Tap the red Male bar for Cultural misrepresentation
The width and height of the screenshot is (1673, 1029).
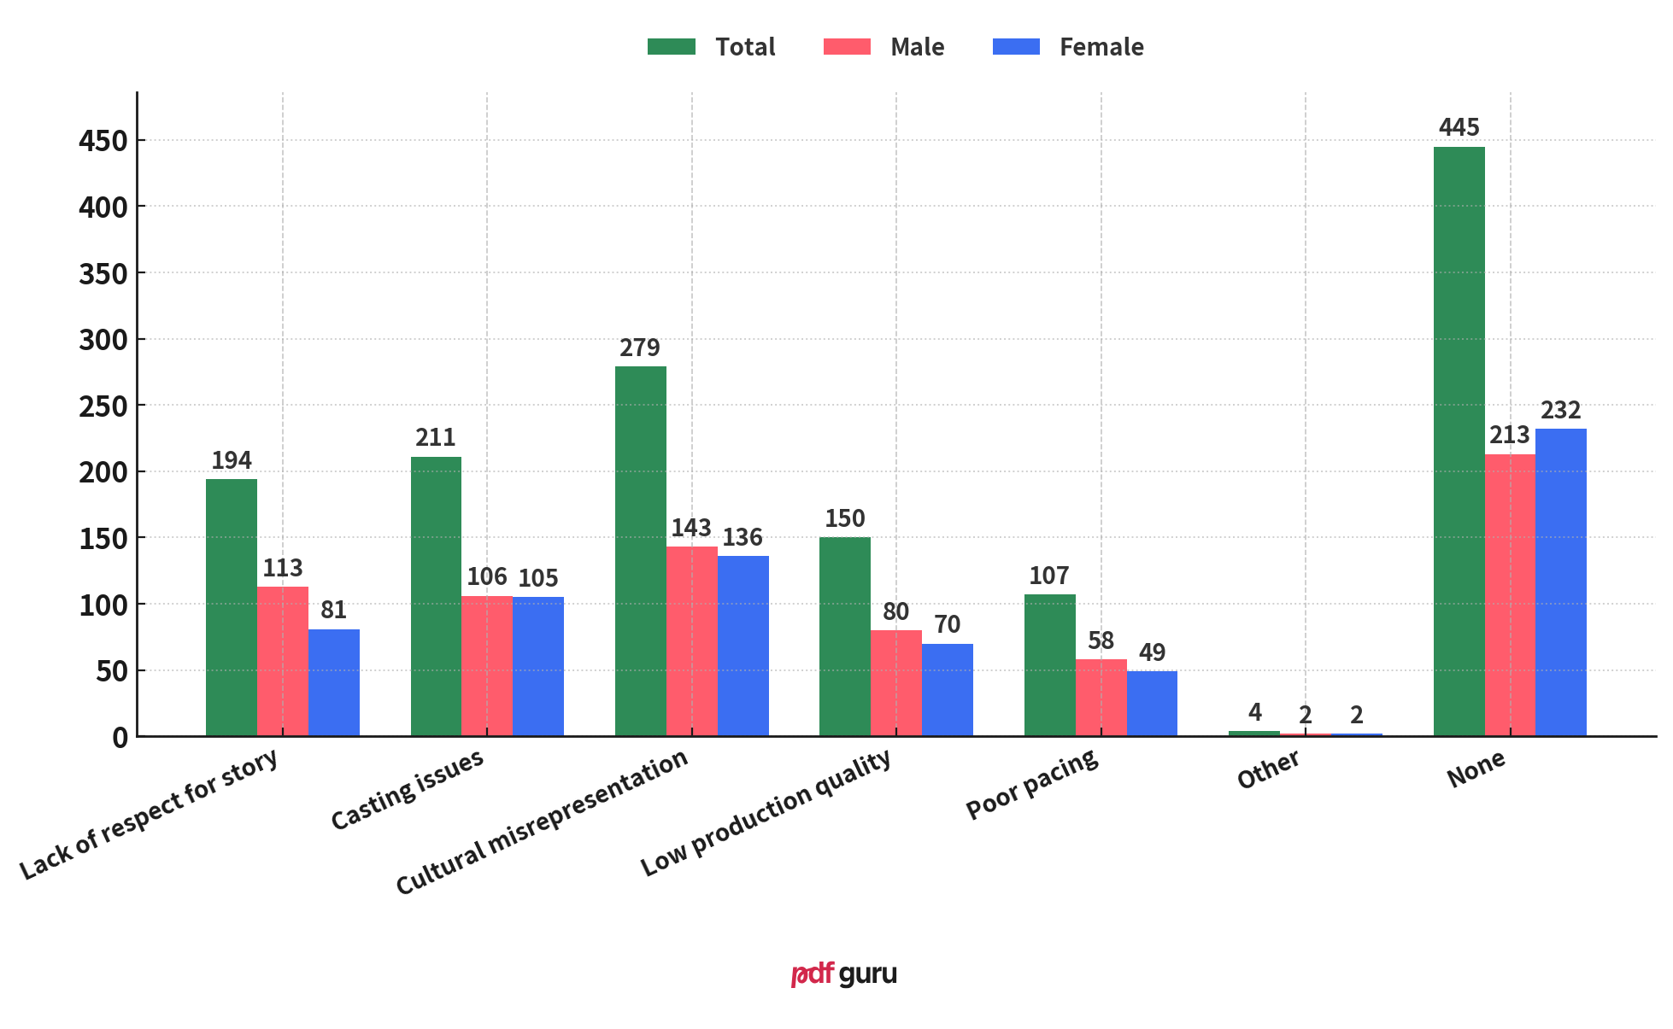click(x=691, y=641)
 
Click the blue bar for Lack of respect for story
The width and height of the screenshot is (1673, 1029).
click(x=333, y=682)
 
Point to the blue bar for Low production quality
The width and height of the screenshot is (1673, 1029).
click(x=947, y=689)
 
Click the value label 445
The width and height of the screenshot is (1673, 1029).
click(x=1459, y=127)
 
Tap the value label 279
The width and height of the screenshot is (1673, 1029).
click(x=640, y=348)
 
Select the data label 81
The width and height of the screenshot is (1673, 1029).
click(x=333, y=610)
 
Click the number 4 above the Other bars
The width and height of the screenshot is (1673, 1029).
click(x=1254, y=711)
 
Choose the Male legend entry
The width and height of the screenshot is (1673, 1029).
click(x=883, y=47)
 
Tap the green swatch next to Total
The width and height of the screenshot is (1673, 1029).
click(x=671, y=47)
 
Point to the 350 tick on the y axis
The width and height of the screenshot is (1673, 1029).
click(x=103, y=273)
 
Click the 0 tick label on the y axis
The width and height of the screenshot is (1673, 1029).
click(x=119, y=737)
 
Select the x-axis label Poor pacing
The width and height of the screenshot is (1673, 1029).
click(x=1032, y=784)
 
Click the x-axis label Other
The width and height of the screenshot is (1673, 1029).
click(x=1268, y=769)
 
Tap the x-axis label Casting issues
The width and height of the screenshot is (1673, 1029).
click(x=408, y=789)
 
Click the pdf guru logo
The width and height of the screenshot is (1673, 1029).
click(x=843, y=973)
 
